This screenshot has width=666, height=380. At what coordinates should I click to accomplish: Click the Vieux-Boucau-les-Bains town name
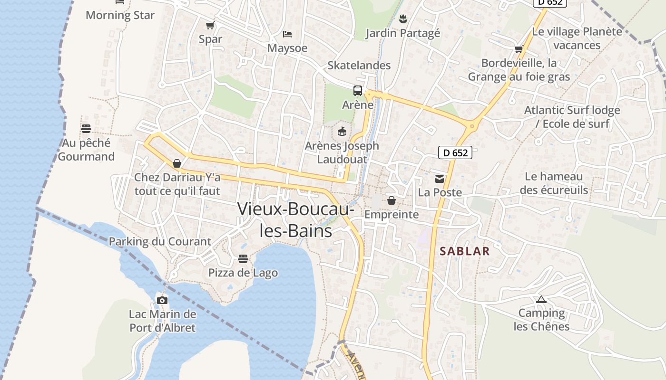pos(295,219)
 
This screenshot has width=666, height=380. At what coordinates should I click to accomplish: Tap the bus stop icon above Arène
pos(358,91)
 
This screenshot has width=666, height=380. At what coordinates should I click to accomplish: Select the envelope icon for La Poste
pos(440,179)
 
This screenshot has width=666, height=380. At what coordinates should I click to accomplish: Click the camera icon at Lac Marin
pos(162,300)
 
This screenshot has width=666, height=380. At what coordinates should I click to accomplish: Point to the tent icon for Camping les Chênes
pos(541,299)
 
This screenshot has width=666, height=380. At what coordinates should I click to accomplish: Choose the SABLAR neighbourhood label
pos(464,251)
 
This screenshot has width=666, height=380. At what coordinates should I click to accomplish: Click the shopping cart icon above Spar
pos(210,25)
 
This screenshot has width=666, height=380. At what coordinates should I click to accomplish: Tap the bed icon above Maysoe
pos(287,34)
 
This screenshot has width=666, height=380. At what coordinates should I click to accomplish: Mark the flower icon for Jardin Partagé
pos(402,19)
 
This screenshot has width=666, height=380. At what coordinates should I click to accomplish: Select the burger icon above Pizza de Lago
pos(243,259)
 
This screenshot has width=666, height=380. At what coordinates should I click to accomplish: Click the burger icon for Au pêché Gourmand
pos(86,129)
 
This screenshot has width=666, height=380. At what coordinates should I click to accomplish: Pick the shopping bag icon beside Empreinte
pos(392,200)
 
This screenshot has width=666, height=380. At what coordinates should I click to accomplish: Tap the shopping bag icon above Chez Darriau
pos(177,163)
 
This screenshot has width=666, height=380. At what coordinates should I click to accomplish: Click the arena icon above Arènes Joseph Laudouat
pos(342,132)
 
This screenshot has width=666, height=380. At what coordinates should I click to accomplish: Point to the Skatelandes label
pos(359,66)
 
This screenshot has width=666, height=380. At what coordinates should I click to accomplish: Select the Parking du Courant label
pos(160,241)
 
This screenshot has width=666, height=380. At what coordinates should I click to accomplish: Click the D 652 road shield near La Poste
pos(455,152)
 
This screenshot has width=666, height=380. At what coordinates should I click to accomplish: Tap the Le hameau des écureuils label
pos(554,183)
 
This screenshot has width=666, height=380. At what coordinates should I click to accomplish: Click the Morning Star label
pos(120,15)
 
